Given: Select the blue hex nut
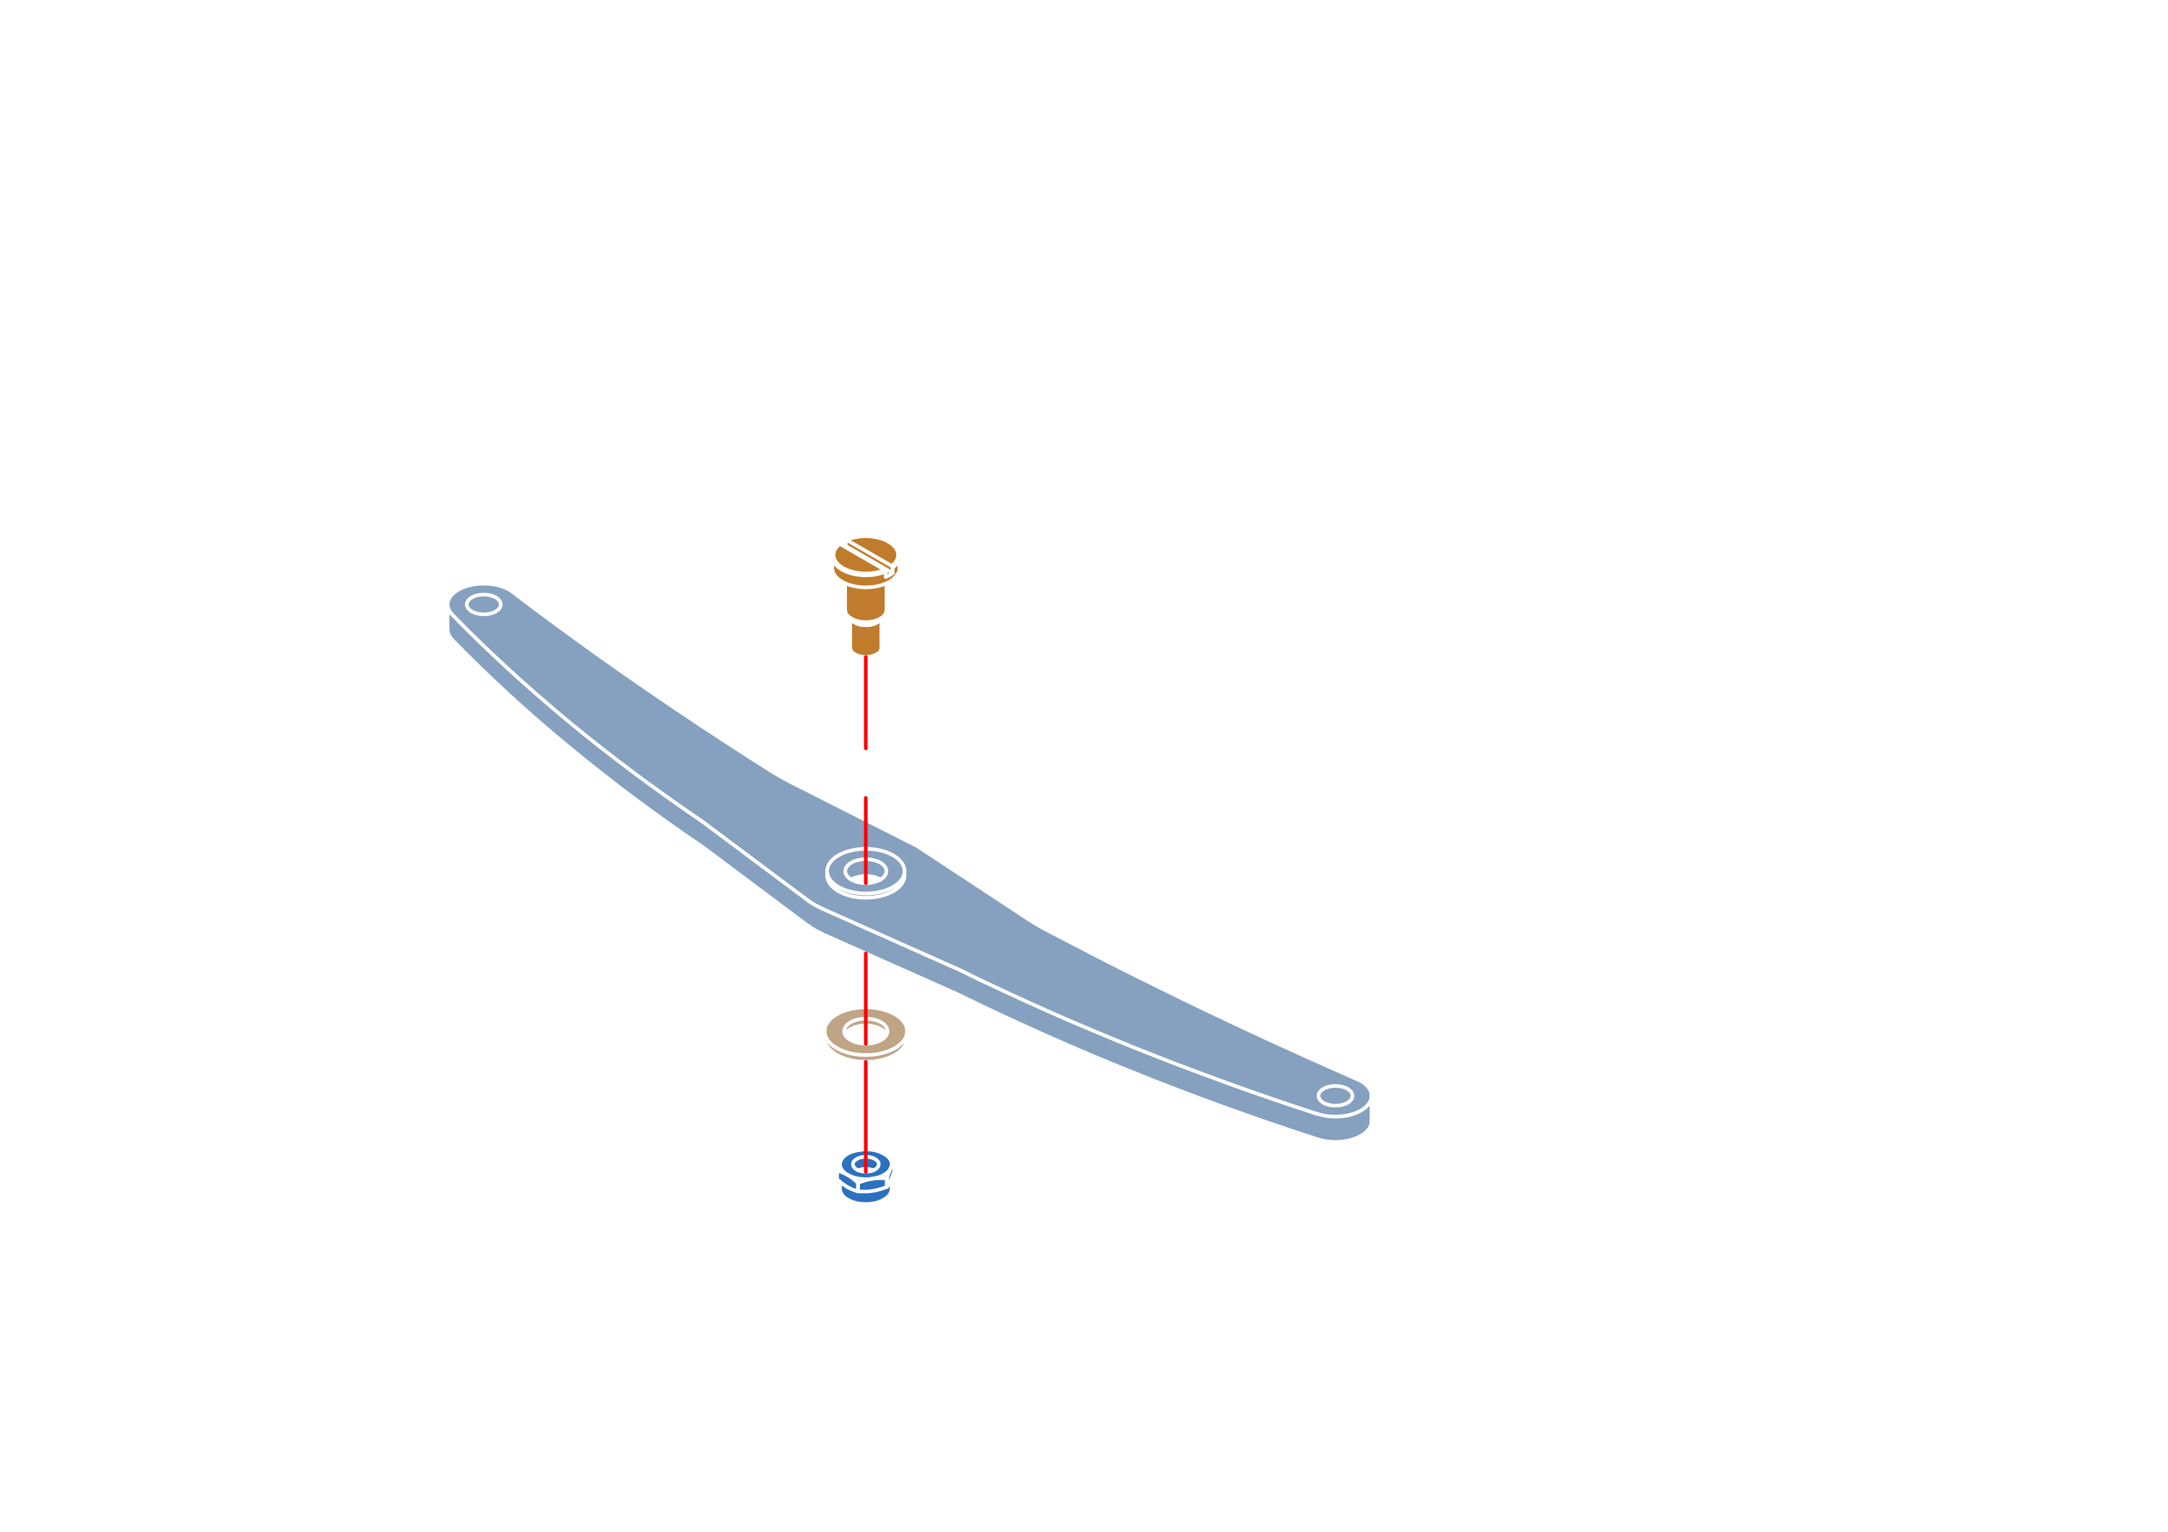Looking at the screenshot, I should tap(865, 1177).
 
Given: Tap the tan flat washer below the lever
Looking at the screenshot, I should tap(865, 1034).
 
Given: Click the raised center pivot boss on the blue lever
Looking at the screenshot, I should tap(865, 873).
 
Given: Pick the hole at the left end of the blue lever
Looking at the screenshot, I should tap(483, 603).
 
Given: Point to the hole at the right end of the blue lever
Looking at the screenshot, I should tap(1334, 1095).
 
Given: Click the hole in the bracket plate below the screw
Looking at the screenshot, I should tap(865, 735).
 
